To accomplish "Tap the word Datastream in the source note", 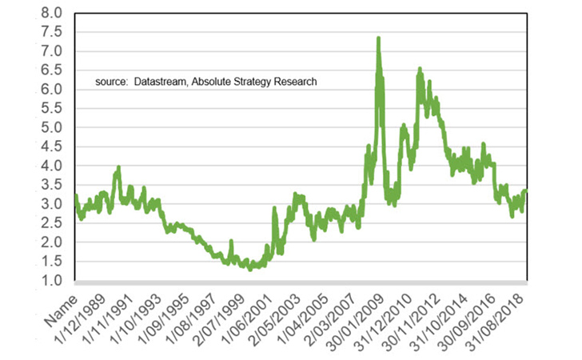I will (x=159, y=82).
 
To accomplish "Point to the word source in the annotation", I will (x=111, y=82).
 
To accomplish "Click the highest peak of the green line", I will (x=378, y=38).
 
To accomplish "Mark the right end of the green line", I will (x=526, y=190).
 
